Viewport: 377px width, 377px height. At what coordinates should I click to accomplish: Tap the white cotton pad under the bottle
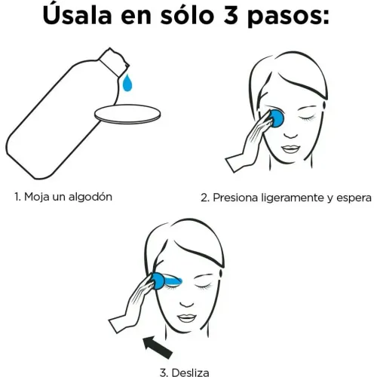click(x=128, y=113)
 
